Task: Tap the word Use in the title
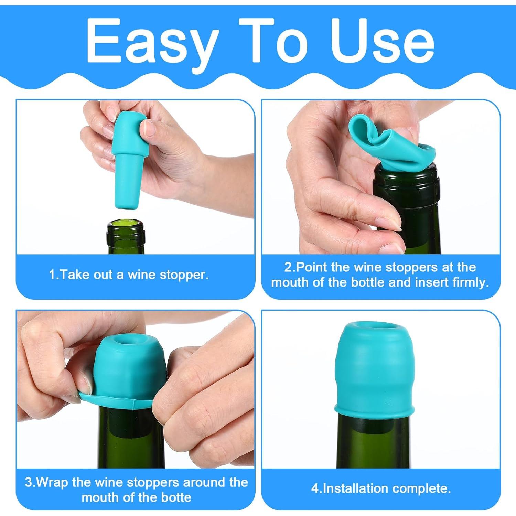tap(382, 41)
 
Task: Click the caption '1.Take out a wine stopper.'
tap(129, 275)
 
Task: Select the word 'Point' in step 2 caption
tap(311, 267)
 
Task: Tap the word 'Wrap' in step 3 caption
tap(52, 482)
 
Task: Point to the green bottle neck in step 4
tap(373, 440)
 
